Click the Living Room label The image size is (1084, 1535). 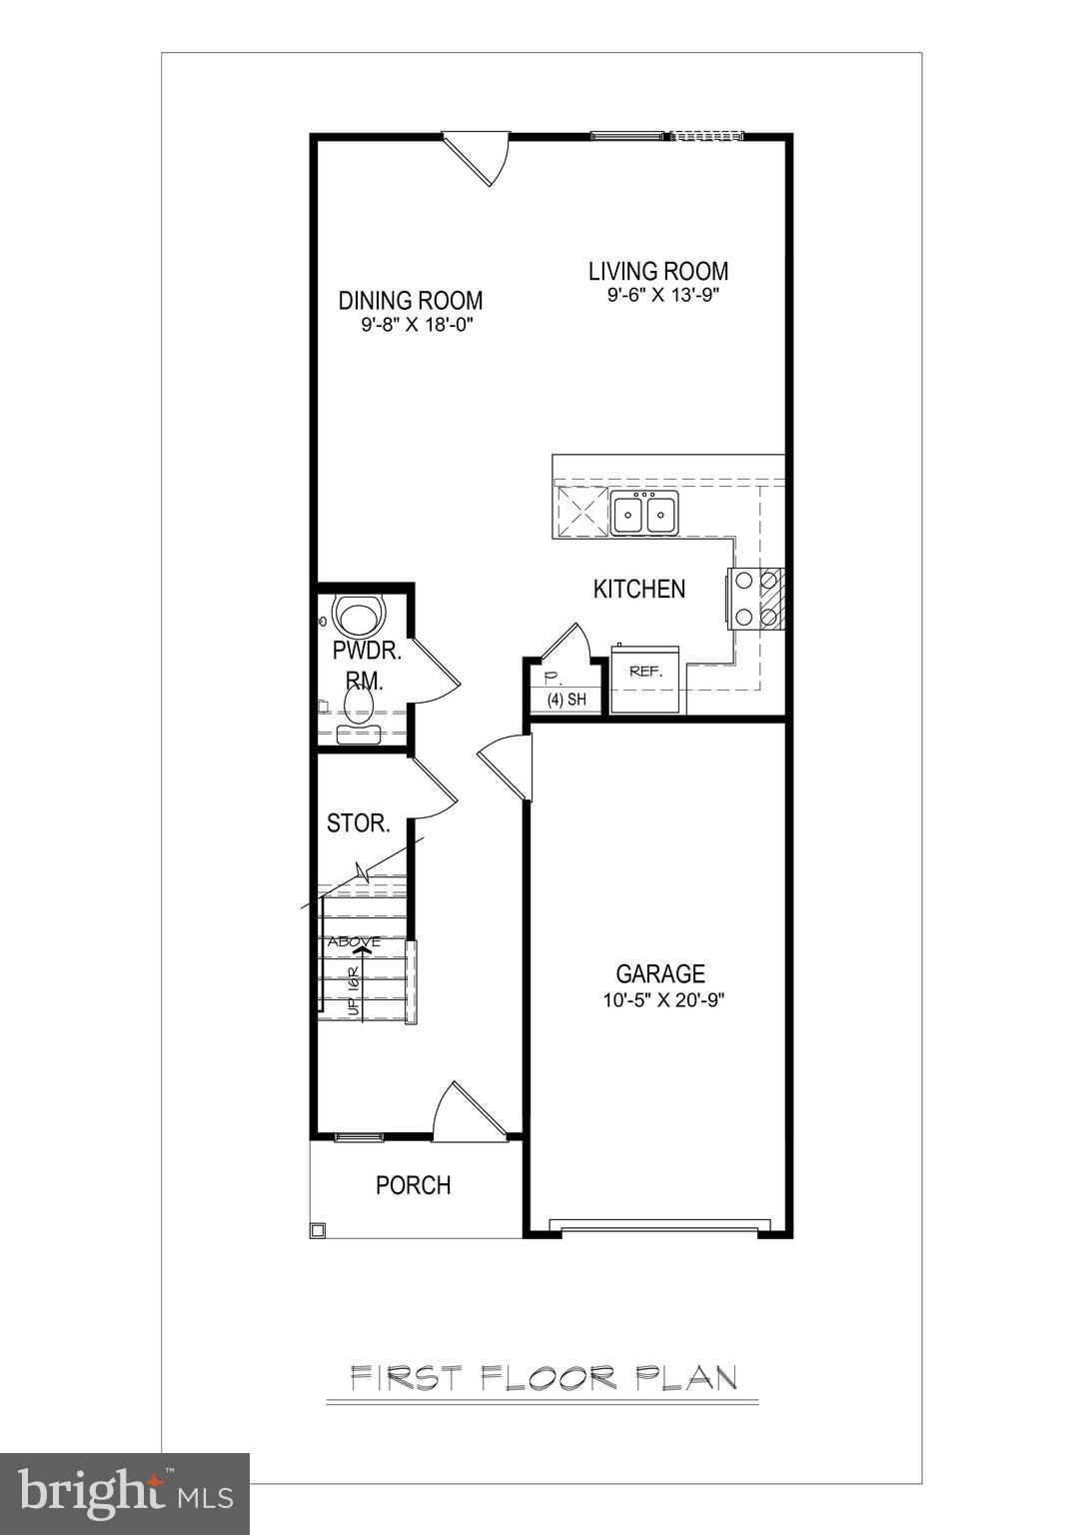click(x=657, y=271)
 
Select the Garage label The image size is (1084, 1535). click(x=659, y=973)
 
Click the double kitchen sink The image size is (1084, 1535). click(x=644, y=514)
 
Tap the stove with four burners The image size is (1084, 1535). click(x=756, y=598)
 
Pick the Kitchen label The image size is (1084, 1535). click(x=639, y=589)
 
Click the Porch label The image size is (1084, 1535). click(x=413, y=1185)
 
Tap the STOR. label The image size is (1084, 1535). click(x=358, y=823)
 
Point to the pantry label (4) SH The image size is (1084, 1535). click(x=565, y=700)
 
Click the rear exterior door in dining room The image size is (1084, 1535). click(x=478, y=158)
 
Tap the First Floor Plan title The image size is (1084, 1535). click(x=543, y=1379)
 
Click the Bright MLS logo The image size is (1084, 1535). click(x=125, y=1493)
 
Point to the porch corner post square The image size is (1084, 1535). click(x=317, y=1230)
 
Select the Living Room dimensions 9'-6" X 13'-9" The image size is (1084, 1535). click(x=663, y=295)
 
